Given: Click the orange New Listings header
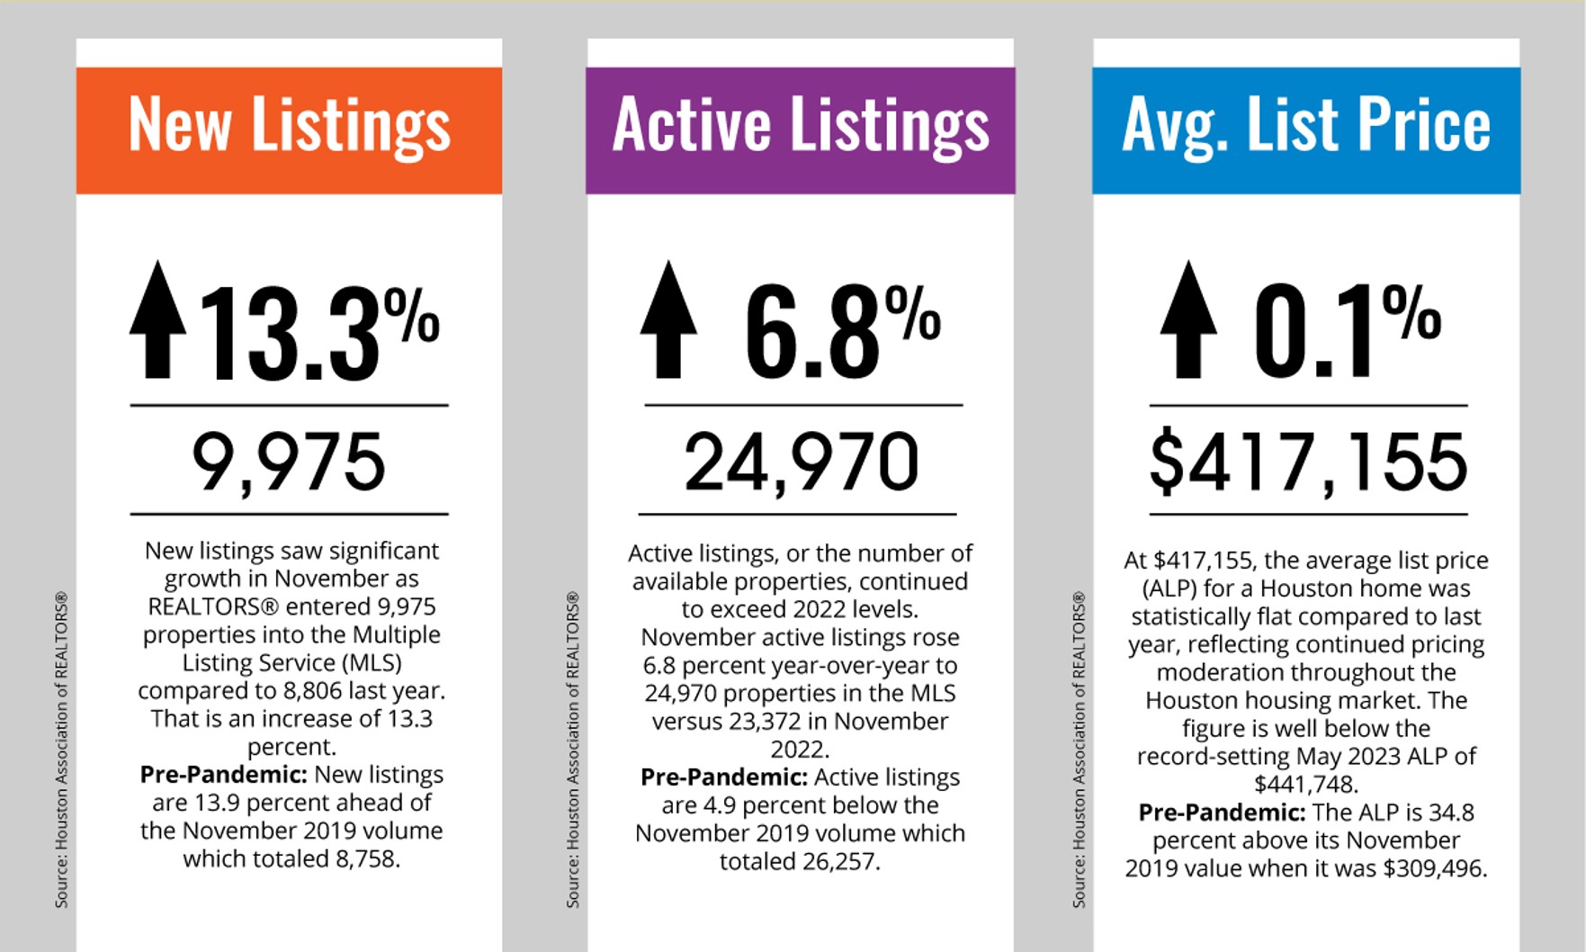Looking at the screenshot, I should pos(289,130).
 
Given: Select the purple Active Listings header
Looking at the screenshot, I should pos(800,130).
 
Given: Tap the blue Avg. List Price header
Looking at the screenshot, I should pos(1305,130).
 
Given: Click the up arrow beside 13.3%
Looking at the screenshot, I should pos(158,319).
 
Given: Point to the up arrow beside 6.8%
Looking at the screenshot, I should pos(668,319).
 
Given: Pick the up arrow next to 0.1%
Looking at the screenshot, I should pos(1188,319).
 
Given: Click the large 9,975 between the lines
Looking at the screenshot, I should pos(289,462).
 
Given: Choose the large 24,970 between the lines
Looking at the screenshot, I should pos(801,462).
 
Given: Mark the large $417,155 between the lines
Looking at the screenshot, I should pos(1308,462).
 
